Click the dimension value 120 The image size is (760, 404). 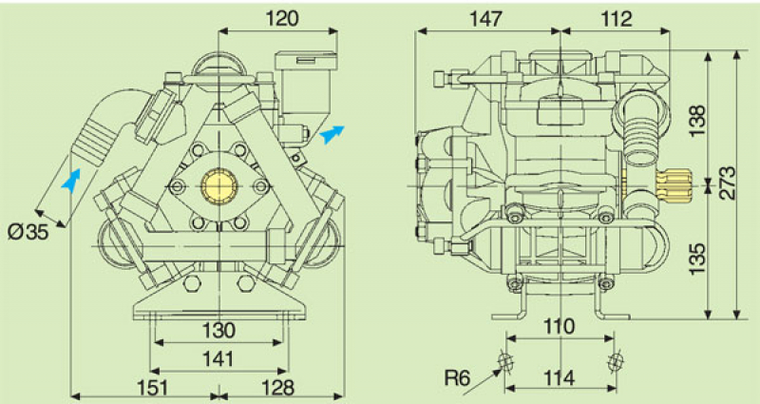(282, 17)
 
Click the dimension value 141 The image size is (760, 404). (219, 357)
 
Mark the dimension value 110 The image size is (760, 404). (560, 326)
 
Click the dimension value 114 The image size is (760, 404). (560, 377)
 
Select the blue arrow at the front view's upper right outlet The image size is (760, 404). (330, 135)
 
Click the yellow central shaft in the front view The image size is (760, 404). (219, 183)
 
